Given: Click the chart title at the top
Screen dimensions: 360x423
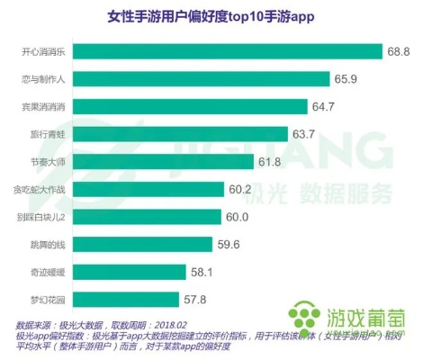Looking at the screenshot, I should (211, 16).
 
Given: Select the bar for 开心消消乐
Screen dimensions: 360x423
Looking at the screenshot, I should (225, 51).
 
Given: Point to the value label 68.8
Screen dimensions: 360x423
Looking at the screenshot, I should (399, 51).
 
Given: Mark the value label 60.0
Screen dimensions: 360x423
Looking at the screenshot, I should (236, 216).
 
